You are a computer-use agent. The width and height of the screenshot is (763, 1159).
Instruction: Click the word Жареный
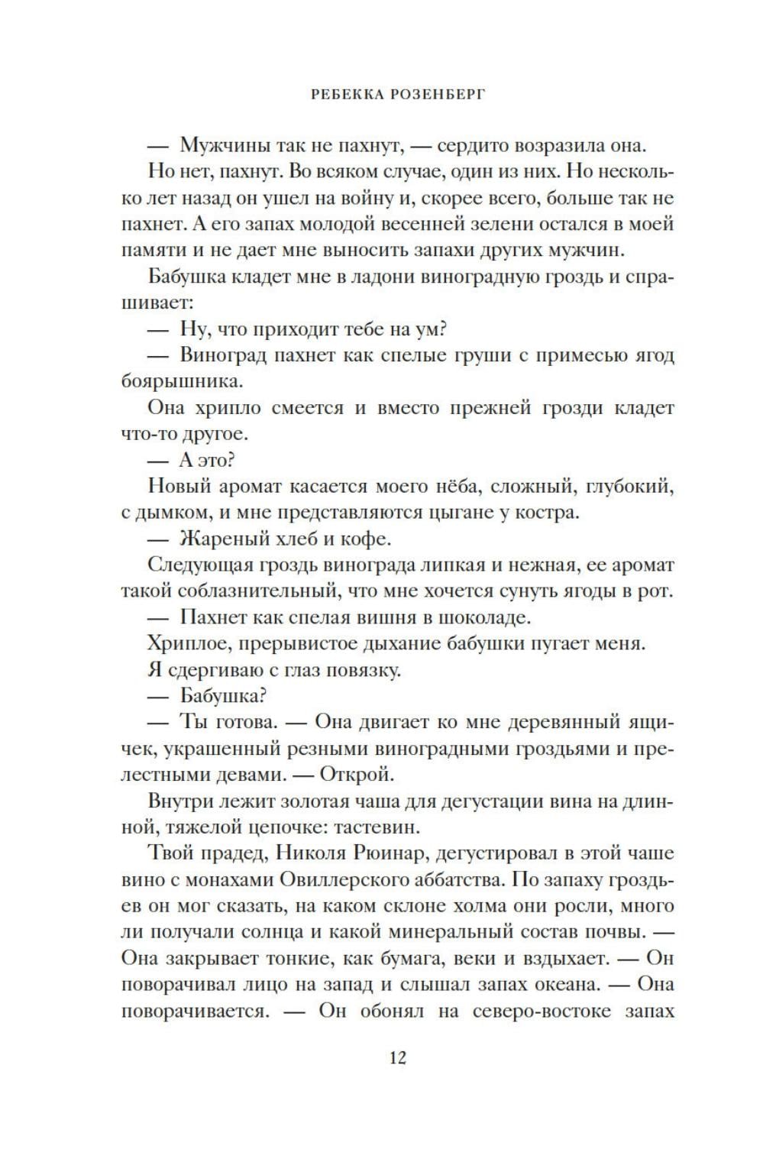pos(220,539)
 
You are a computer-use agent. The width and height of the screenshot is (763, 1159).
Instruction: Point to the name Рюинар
pos(392,853)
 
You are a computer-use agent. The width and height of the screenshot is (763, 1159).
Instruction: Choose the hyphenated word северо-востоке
pos(538,1012)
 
